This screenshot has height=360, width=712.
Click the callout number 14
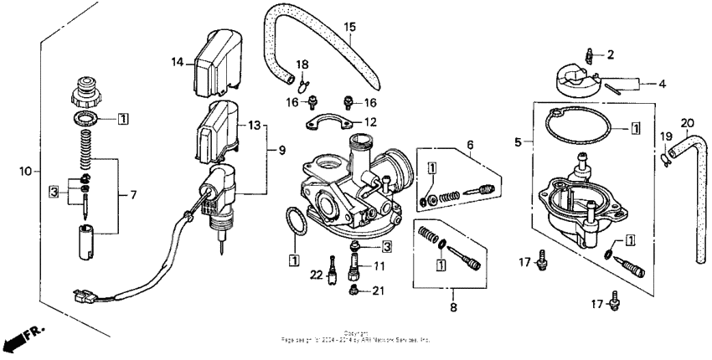[177, 62]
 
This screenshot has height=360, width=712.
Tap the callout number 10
[26, 171]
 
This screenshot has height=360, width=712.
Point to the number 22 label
[317, 275]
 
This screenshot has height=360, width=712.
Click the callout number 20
[687, 122]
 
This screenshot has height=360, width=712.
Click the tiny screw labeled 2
[591, 54]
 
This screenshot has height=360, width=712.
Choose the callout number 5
[517, 143]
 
